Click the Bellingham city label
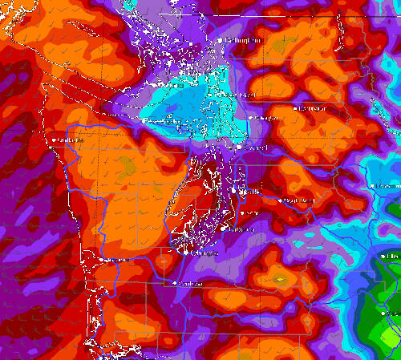pos(245,40)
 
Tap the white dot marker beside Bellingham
pos(221,39)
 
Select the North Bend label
pos(298,200)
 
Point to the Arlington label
pos(266,118)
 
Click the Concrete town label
pos(312,107)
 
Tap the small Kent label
pos(253,212)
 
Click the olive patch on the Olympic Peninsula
pos(126,166)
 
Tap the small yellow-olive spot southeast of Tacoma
pos(280,279)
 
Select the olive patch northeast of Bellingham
pos(277,48)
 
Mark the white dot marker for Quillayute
pos(55,140)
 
